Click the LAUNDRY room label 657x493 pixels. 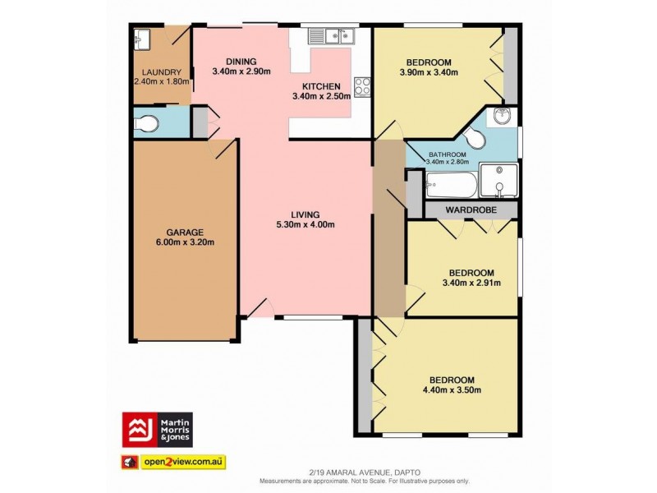coord(160,72)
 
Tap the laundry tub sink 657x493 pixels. coord(142,37)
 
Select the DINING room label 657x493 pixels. coord(240,62)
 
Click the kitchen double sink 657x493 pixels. coord(338,35)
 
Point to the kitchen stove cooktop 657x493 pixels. coord(361,85)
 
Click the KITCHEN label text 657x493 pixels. coord(319,86)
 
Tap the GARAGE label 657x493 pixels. coord(184,233)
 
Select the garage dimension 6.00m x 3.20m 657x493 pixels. coord(184,244)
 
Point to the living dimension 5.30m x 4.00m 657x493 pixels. coord(306,225)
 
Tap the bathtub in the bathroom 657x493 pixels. coord(450,185)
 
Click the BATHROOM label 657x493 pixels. coord(447,154)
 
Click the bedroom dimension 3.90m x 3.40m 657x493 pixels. coord(428,73)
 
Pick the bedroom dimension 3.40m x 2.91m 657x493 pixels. coord(471,284)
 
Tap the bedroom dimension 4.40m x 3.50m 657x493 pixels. coord(448,391)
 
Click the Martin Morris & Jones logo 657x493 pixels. coord(158,429)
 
